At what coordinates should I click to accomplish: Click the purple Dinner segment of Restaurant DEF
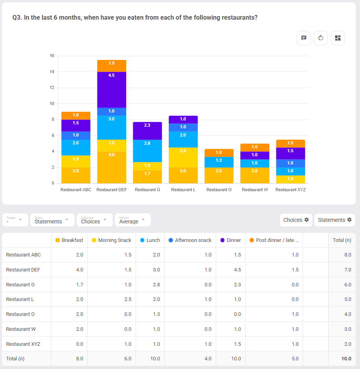click(x=112, y=90)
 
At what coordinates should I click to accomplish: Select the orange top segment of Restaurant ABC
click(x=76, y=116)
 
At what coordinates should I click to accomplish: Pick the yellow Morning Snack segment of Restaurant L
click(x=183, y=157)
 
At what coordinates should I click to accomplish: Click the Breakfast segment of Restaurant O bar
click(x=219, y=175)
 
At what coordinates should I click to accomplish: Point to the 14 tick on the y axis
click(x=52, y=72)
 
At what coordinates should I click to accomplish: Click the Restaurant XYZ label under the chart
click(x=290, y=190)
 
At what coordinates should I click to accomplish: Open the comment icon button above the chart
click(x=304, y=38)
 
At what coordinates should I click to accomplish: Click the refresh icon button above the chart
click(x=321, y=38)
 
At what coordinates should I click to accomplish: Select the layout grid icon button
click(x=338, y=38)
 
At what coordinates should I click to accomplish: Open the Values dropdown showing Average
click(x=132, y=220)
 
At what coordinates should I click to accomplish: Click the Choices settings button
click(x=296, y=220)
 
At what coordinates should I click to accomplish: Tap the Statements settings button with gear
click(x=334, y=220)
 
